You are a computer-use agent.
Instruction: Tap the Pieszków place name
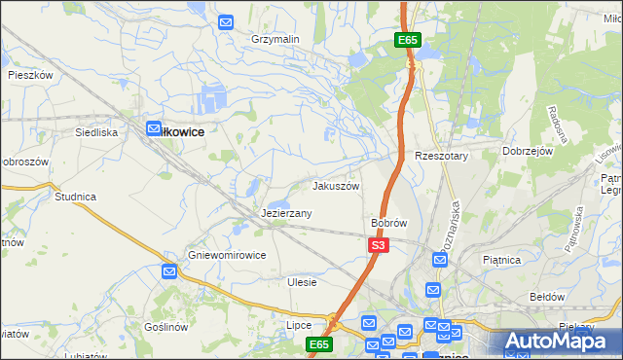29,74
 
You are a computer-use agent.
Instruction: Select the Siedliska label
96,130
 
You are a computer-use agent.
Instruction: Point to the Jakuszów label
336,185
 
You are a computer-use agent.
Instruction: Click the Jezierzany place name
286,212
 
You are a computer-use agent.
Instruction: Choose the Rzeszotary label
442,156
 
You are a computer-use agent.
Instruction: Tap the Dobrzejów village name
528,151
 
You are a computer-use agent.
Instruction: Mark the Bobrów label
388,223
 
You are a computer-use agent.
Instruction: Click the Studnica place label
75,197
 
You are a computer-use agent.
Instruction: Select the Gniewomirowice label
227,255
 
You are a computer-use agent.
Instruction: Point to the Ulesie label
303,282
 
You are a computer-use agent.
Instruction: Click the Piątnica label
502,260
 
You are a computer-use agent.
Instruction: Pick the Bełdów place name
547,295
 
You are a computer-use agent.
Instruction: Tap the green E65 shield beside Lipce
319,344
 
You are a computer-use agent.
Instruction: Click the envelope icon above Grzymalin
226,21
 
